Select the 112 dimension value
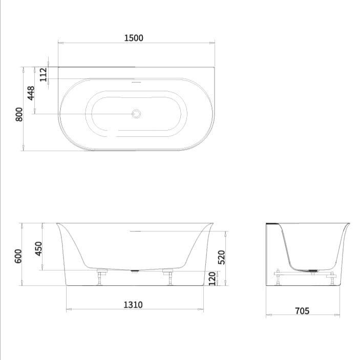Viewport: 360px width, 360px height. pyautogui.click(x=43, y=74)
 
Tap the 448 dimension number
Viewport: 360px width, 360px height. pyautogui.click(x=31, y=93)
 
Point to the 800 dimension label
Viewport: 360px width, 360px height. pyautogui.click(x=19, y=114)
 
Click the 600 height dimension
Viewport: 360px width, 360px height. pyautogui.click(x=19, y=255)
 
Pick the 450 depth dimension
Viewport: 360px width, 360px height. pyautogui.click(x=38, y=248)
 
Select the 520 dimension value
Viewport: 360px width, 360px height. pyautogui.click(x=222, y=257)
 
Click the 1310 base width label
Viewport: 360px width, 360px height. pyautogui.click(x=133, y=305)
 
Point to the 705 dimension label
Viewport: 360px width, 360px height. pyautogui.click(x=302, y=311)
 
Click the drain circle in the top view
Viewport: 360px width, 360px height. pyautogui.click(x=136, y=114)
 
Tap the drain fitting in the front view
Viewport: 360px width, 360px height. pyautogui.click(x=135, y=271)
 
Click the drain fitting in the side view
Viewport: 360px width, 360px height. pyautogui.click(x=312, y=270)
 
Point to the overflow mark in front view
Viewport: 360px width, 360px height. pyautogui.click(x=135, y=231)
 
